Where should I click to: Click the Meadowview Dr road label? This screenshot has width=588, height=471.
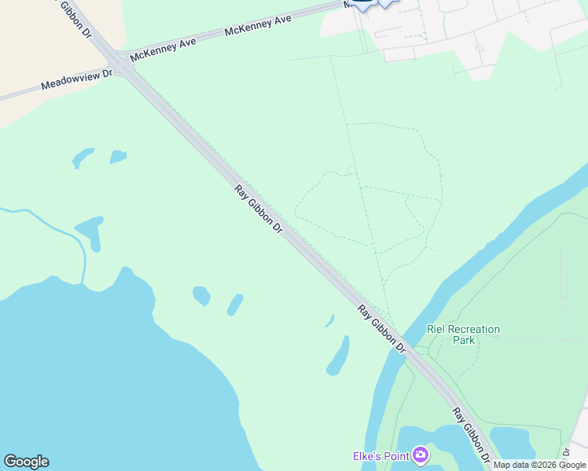77,78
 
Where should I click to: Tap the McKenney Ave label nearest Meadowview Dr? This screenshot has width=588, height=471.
164,52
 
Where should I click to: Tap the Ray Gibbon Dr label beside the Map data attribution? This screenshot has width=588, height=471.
472,434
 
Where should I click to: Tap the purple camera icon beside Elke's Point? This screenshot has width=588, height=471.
421,455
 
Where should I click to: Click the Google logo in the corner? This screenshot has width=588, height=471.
26,462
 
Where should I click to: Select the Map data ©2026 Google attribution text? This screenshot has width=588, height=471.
539,465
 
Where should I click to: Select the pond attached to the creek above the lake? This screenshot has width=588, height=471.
91,232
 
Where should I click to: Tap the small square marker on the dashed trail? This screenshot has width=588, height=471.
351,169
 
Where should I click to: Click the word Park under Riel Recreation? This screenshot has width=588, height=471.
464,341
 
